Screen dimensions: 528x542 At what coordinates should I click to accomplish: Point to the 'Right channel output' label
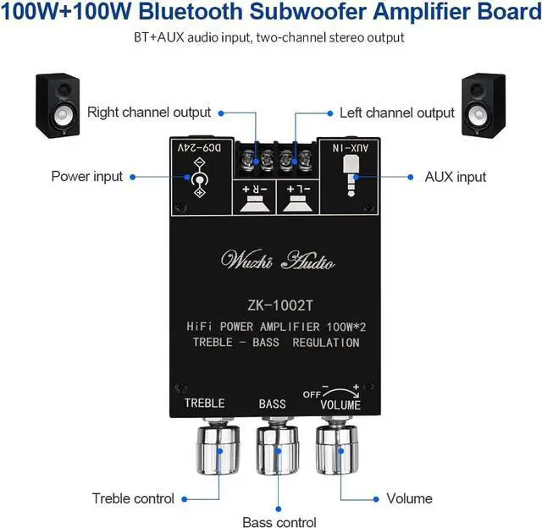click(149, 113)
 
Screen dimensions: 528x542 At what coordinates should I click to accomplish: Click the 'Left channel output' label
click(397, 113)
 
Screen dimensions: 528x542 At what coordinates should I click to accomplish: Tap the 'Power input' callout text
click(87, 176)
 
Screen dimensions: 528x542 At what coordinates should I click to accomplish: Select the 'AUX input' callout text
click(456, 177)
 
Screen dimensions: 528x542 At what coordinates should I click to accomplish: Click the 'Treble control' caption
click(133, 498)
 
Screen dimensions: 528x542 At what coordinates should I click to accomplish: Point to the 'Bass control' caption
click(279, 522)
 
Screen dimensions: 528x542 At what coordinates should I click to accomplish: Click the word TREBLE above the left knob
click(204, 404)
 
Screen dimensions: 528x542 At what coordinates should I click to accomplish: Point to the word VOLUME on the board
click(340, 404)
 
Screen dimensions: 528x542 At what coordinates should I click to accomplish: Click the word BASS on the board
click(273, 404)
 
